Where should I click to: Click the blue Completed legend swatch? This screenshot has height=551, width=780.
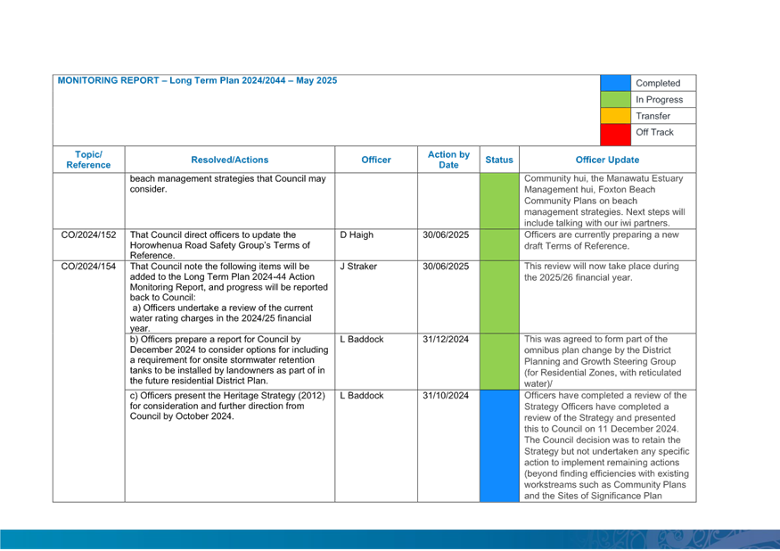615,83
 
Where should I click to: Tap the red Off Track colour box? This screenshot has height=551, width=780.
615,135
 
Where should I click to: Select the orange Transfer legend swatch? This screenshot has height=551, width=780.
615,116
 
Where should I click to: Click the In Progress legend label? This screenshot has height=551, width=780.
659,100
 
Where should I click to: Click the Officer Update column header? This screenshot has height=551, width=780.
607,160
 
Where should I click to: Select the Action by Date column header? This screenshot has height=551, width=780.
448,160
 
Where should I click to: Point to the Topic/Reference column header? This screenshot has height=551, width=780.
88,160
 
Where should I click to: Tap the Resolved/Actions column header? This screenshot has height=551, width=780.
230,160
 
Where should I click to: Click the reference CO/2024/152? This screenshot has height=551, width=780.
88,235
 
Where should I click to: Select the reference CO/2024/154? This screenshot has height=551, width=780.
88,267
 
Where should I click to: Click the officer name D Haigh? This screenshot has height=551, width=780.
357,235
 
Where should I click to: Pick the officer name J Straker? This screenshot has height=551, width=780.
358,267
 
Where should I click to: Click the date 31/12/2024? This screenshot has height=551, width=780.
446,339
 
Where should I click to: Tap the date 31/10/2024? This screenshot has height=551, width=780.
446,395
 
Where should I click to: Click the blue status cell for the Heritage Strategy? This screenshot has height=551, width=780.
499,446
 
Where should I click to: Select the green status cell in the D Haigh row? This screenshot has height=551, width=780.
499,245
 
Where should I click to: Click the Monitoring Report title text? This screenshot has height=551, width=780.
198,80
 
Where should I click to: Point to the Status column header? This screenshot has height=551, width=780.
499,160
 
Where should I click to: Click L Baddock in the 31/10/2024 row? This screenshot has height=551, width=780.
362,395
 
